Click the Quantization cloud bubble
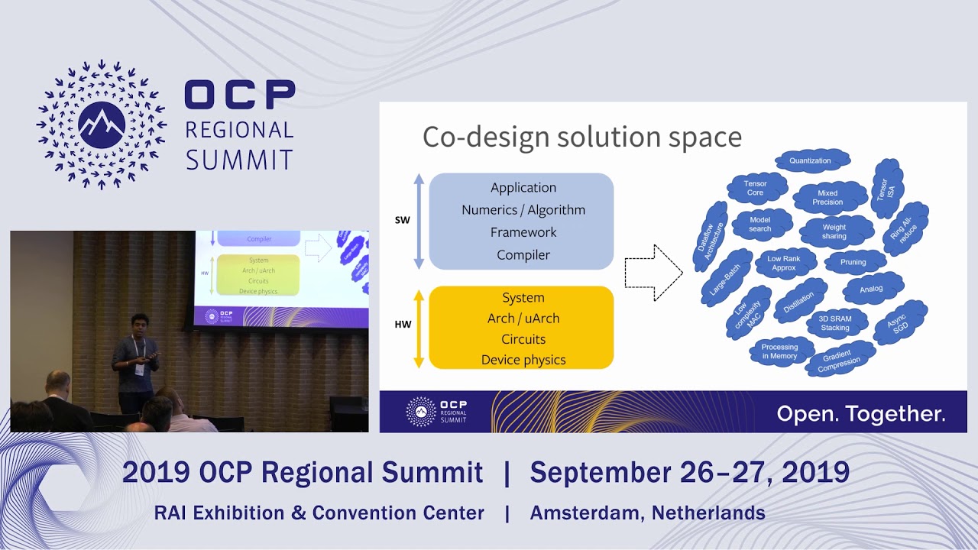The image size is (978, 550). (x=812, y=160)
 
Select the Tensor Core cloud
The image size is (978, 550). (x=755, y=188)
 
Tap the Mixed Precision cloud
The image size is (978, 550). (x=828, y=197)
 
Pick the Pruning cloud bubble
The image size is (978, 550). (x=853, y=262)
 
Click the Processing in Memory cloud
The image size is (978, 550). (x=780, y=351)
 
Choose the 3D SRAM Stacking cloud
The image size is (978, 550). (x=835, y=323)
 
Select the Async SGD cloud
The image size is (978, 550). (x=901, y=322)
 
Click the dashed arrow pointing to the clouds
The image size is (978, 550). (x=653, y=273)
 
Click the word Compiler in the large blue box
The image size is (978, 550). (x=523, y=255)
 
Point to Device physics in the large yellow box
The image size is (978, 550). (x=523, y=360)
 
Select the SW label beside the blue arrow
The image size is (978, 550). (x=402, y=220)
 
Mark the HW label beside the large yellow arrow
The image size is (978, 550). (x=403, y=325)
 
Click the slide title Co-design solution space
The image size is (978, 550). (x=582, y=137)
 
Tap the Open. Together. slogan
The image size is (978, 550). (x=861, y=414)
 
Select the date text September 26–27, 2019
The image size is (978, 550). (x=689, y=472)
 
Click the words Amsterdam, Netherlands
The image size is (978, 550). (x=647, y=513)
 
